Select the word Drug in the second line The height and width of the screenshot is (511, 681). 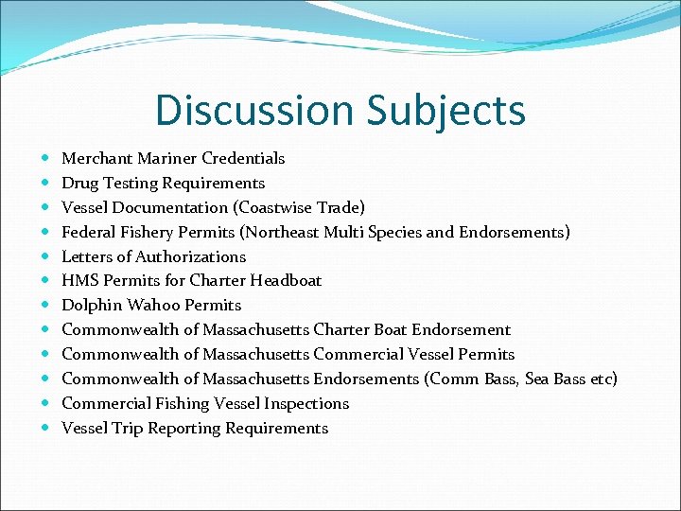click(78, 183)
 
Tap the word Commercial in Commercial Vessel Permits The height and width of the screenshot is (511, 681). click(355, 354)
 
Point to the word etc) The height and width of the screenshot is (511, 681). click(602, 379)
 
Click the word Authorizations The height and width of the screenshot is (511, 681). click(190, 256)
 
